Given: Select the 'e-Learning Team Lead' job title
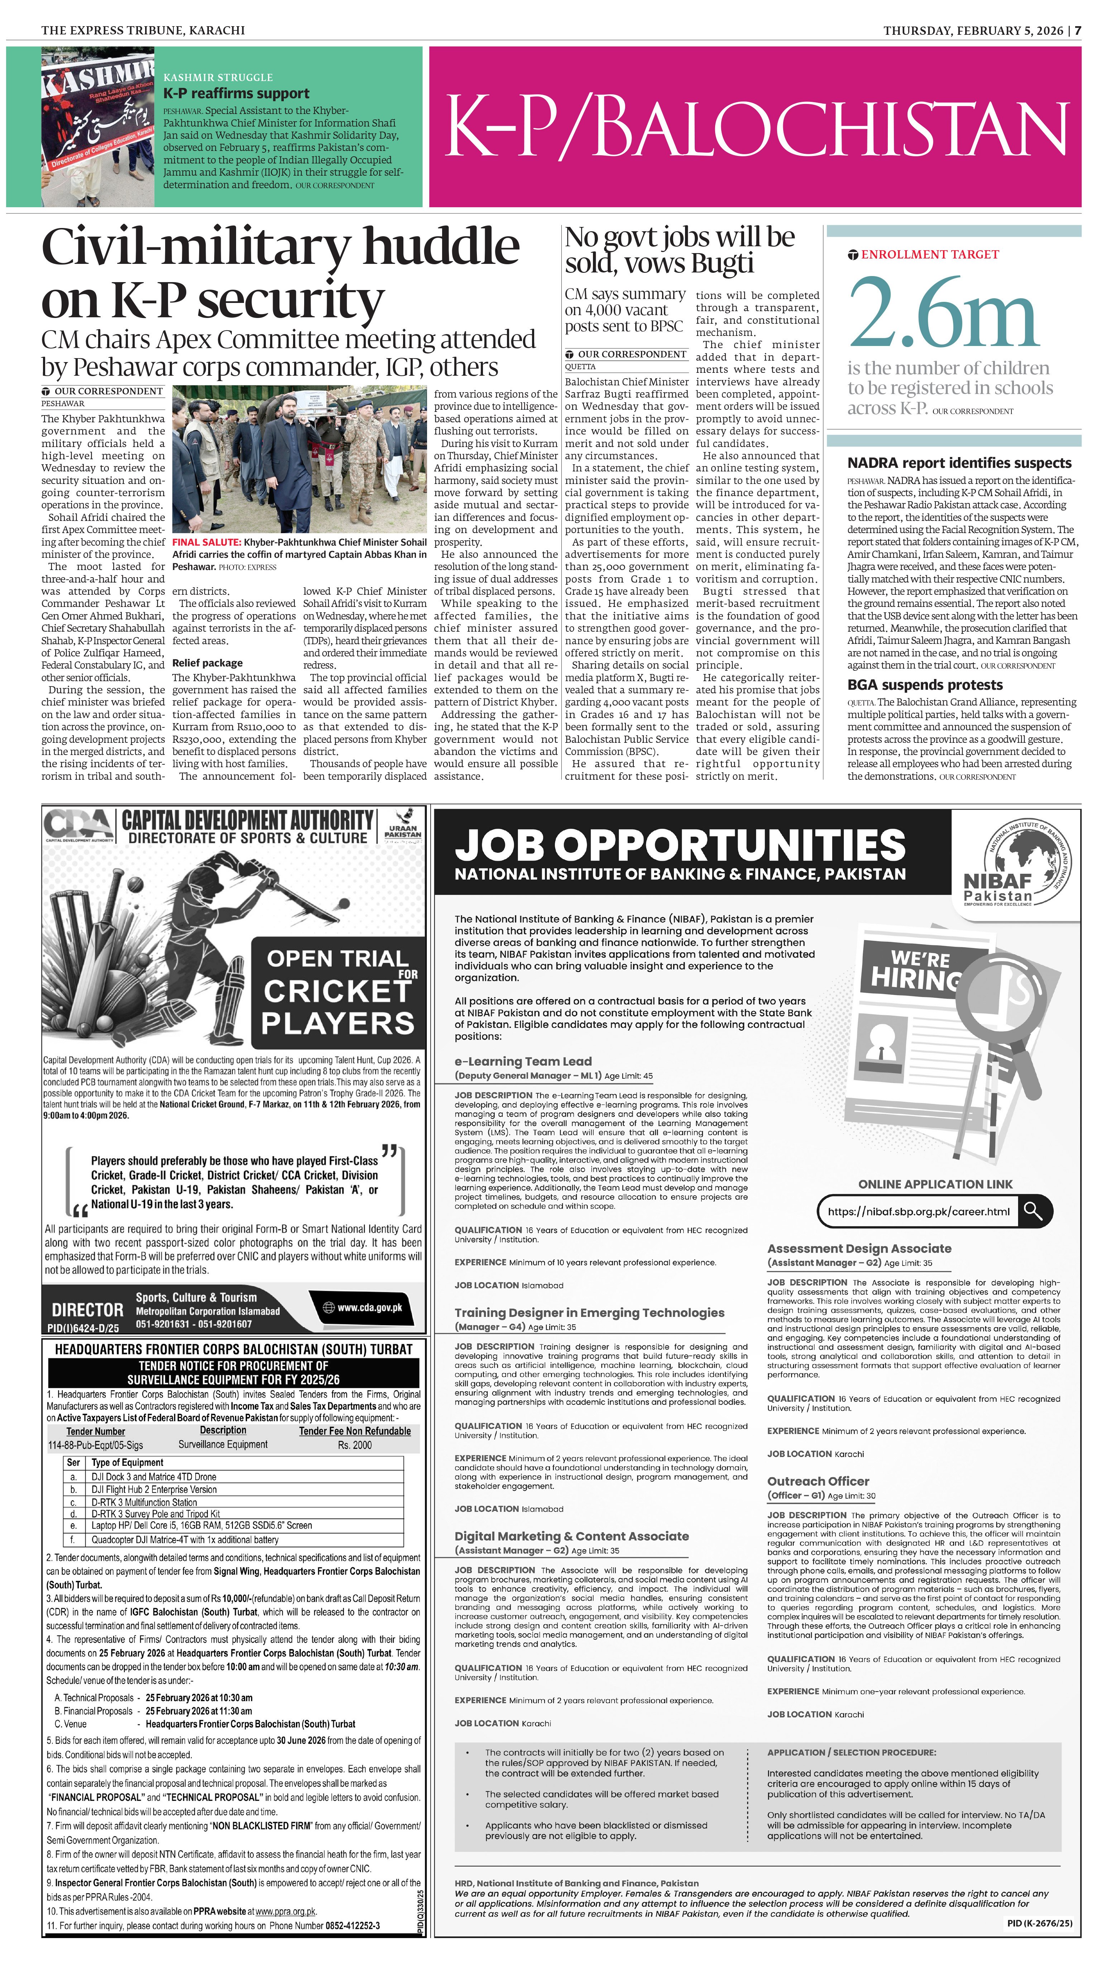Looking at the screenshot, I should click(523, 1061).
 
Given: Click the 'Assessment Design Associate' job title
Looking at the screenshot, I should click(859, 1248).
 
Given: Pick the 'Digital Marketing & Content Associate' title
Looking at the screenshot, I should click(571, 1536).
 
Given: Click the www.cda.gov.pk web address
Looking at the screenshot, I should click(369, 1307).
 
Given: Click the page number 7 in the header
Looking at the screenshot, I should click(1077, 30).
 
